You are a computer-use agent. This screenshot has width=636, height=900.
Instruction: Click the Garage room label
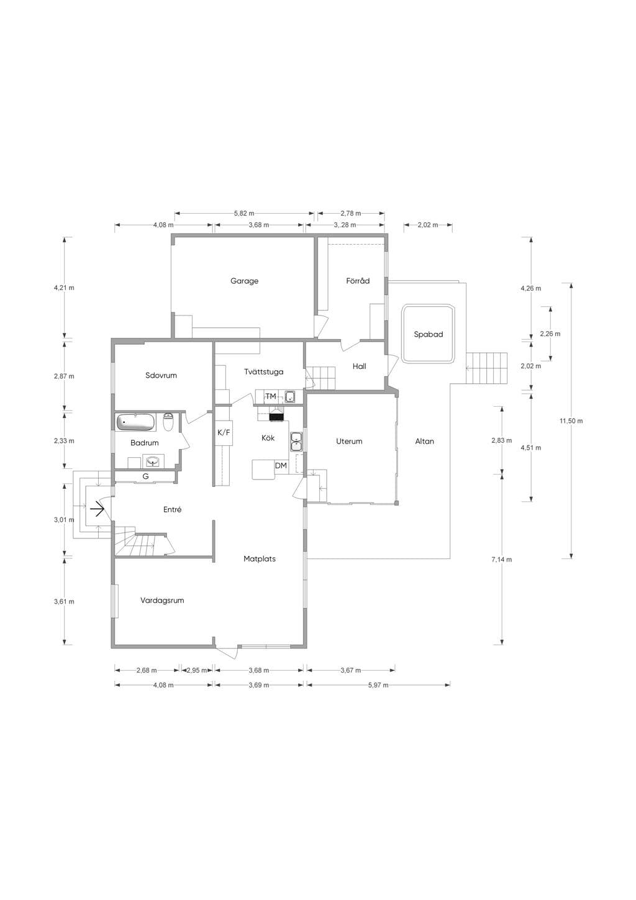(244, 281)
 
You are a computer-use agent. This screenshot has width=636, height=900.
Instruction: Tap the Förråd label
(358, 281)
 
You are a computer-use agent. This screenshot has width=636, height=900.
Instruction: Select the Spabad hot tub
(429, 334)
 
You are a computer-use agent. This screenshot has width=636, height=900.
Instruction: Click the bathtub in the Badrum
(136, 422)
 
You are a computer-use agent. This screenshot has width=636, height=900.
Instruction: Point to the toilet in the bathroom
(168, 422)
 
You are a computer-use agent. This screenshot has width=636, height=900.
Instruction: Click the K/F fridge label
(224, 433)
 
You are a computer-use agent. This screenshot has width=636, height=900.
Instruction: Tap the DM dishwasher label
(281, 466)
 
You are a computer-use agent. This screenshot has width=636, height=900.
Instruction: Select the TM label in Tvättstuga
(271, 396)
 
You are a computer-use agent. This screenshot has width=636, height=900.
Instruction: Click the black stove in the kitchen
(276, 417)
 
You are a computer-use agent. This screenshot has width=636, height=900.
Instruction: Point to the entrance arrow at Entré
(98, 509)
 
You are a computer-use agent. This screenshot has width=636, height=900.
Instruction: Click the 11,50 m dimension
(571, 421)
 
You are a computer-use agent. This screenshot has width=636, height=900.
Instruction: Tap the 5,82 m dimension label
(244, 213)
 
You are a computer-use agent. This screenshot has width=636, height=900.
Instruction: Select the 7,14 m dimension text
(501, 559)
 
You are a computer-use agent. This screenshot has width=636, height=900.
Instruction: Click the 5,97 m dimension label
(378, 685)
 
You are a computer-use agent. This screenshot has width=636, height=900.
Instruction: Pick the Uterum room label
(349, 441)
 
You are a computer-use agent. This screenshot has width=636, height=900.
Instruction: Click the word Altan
(425, 441)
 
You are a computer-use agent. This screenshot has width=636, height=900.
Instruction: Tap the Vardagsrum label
(162, 601)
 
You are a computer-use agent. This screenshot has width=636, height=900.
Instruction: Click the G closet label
(146, 476)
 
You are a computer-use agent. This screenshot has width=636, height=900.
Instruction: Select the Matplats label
(260, 559)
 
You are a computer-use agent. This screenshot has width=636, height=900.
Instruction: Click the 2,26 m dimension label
(550, 334)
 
